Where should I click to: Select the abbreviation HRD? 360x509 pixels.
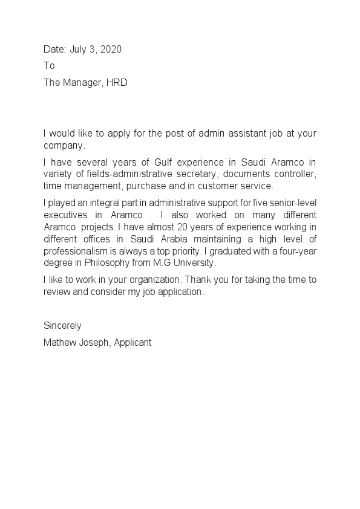coord(117,83)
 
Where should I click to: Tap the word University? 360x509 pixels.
coord(194,264)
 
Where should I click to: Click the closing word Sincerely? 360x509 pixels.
coord(62,326)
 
